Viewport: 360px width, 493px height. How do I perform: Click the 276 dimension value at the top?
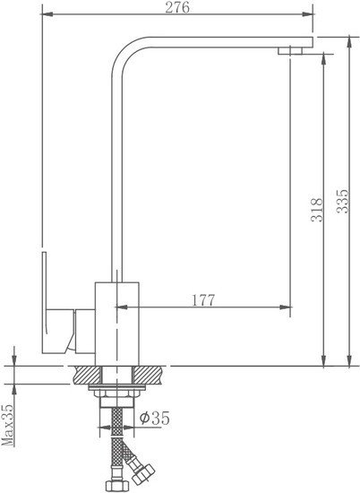177,7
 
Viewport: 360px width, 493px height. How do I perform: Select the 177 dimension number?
203,300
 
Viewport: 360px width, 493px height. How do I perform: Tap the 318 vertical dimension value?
317,210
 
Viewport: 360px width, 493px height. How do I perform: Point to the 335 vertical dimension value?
342,201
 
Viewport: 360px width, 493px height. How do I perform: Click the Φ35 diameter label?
155,418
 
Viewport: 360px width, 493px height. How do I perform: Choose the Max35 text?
8,425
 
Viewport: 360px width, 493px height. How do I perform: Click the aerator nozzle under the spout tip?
290,50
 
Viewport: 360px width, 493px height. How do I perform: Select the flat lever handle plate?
45,302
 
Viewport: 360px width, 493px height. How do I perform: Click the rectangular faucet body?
116,324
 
